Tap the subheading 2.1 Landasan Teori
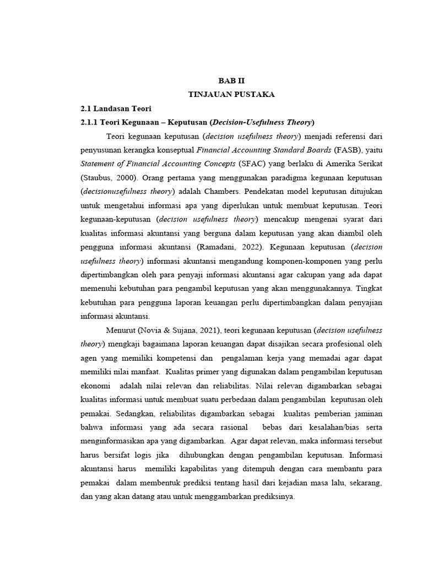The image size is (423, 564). (x=116, y=108)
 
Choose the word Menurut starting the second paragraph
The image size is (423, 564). (x=121, y=330)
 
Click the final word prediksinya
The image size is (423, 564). (x=269, y=496)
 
